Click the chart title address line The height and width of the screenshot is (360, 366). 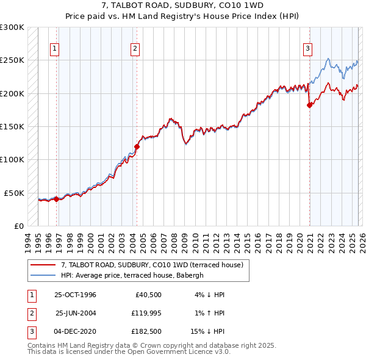click(183, 5)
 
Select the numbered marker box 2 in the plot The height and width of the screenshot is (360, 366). click(135, 49)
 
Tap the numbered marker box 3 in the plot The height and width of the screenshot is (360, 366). click(308, 49)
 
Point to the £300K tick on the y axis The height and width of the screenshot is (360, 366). click(12, 27)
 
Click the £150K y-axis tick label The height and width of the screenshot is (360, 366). click(12, 126)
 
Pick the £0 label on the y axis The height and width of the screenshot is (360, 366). click(18, 226)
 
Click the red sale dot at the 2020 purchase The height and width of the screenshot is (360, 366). click(309, 105)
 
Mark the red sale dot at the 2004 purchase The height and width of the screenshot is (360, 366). click(137, 146)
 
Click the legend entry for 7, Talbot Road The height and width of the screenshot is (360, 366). click(152, 265)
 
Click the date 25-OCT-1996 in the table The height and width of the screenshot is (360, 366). click(75, 295)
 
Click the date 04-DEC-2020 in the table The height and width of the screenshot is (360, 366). click(75, 333)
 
